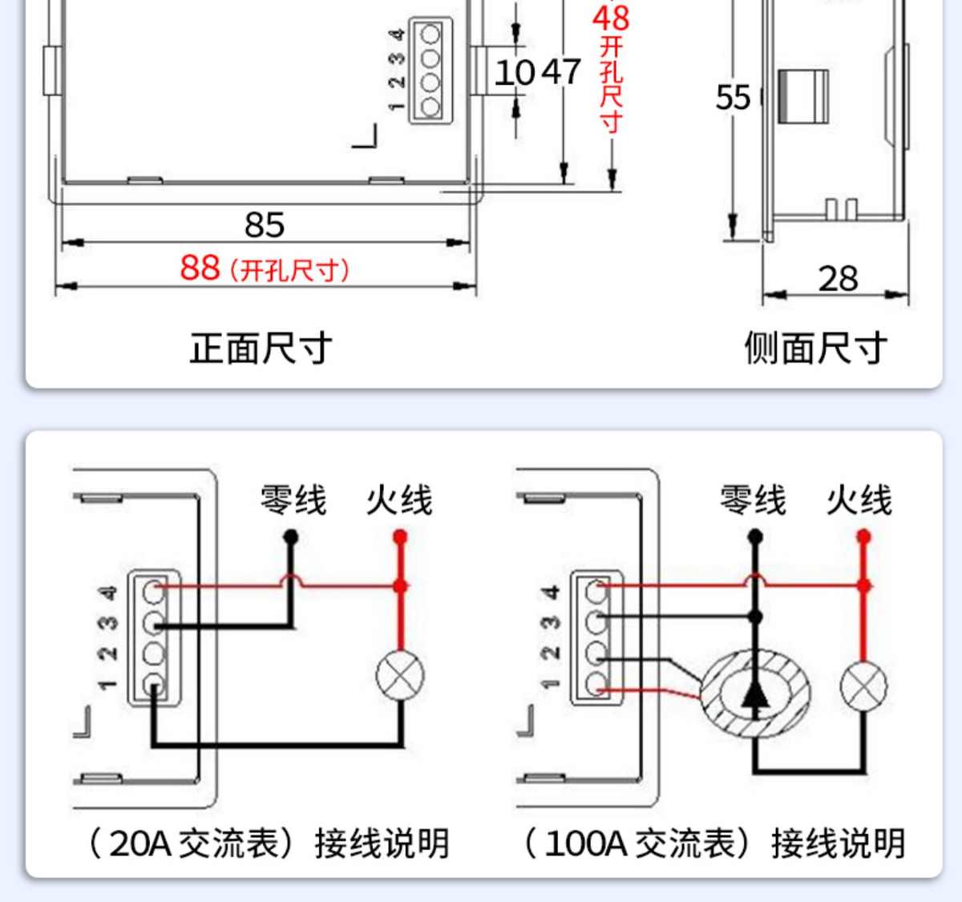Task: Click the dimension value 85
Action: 265,225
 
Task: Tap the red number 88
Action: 200,268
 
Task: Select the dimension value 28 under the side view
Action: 838,279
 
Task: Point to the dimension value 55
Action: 733,98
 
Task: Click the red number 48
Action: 611,18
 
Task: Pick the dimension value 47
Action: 561,72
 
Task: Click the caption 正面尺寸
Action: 261,349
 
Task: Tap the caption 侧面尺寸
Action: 815,349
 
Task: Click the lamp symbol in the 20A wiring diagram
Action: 400,674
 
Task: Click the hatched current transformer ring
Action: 754,694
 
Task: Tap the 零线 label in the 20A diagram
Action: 293,500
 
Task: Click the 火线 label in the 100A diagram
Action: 859,500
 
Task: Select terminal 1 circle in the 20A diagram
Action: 153,685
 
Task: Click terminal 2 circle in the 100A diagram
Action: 596,653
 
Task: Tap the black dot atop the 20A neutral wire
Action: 291,536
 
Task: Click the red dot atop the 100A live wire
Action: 863,536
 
